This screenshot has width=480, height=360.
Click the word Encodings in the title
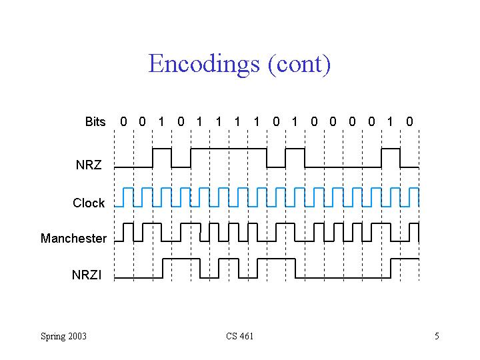point(204,64)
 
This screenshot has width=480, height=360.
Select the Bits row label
point(95,122)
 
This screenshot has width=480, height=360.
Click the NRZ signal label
point(89,165)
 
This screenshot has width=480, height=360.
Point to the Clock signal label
point(89,203)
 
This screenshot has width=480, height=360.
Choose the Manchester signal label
point(73,239)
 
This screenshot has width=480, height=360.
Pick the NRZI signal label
point(87,274)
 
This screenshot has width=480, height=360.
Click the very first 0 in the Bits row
point(123,122)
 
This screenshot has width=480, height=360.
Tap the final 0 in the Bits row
point(409,122)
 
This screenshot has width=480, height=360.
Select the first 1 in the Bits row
point(161,122)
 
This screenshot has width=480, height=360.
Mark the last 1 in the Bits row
point(390,122)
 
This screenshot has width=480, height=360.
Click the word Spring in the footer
point(53,336)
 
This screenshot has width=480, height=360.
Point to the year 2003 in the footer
point(77,336)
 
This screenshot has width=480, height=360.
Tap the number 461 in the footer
point(246,336)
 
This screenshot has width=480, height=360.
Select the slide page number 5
point(437,336)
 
